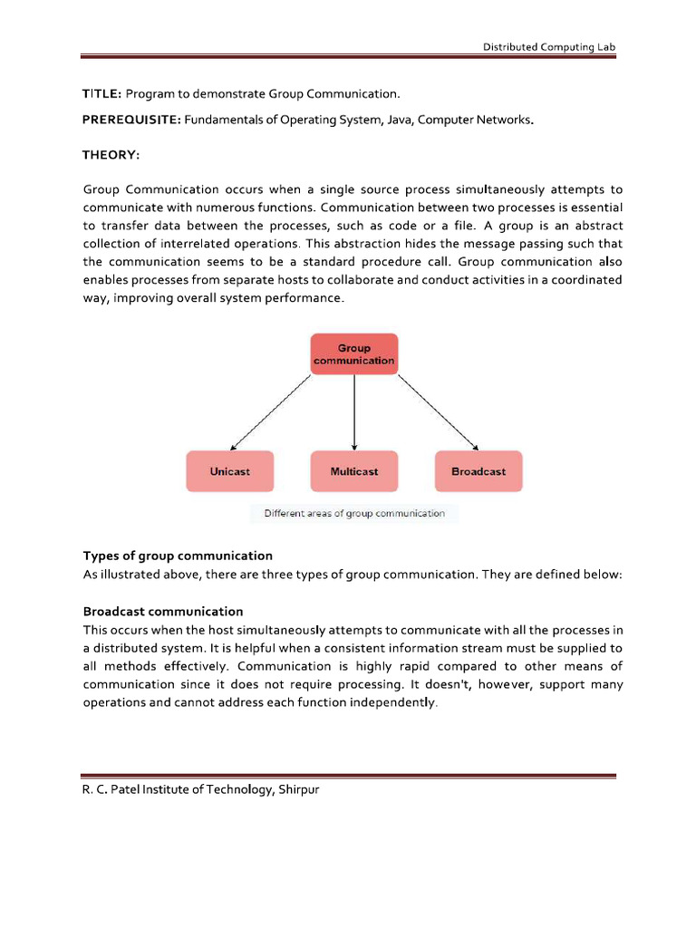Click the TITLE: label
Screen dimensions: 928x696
point(102,93)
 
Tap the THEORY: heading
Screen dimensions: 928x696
point(111,155)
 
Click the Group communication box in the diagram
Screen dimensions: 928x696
point(353,353)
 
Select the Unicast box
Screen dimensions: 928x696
point(229,471)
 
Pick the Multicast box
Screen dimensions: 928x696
point(353,471)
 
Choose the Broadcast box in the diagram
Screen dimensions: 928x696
point(478,471)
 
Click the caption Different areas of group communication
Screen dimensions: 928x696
point(354,513)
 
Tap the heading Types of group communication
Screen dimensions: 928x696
point(178,556)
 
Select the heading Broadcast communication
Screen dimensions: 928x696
point(163,612)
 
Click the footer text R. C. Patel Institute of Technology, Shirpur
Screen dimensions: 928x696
point(200,789)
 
